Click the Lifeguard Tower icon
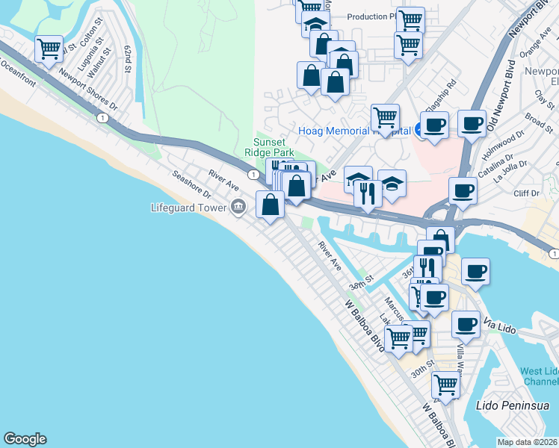238,208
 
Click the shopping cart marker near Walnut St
49,50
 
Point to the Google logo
25,439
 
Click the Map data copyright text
527,442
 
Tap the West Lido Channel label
538,376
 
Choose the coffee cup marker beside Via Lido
465,325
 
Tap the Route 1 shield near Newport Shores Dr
100,117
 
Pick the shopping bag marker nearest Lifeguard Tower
270,204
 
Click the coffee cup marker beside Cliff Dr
463,190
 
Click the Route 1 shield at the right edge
553,255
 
